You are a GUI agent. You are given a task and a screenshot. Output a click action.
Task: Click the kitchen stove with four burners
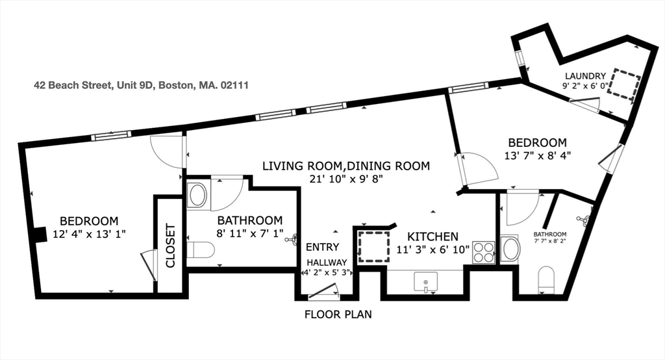click(483, 251)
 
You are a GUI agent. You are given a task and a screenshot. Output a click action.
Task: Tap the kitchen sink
click(425, 282)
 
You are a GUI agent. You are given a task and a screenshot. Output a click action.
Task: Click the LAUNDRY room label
click(584, 75)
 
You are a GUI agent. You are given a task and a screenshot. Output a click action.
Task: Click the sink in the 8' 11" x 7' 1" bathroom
click(197, 193)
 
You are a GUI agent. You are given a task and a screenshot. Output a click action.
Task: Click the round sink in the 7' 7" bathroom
click(511, 248)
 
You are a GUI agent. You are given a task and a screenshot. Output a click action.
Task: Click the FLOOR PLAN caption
click(338, 315)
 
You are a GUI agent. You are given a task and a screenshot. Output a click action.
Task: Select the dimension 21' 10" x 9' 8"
click(345, 179)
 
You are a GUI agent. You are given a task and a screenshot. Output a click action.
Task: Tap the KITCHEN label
click(433, 237)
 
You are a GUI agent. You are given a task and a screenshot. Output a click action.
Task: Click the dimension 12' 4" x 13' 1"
click(89, 233)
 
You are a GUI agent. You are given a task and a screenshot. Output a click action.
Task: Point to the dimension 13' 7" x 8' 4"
click(537, 155)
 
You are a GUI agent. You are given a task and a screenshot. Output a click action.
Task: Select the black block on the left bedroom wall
click(40, 233)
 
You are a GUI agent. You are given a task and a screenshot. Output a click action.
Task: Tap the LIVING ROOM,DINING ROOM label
click(345, 166)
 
